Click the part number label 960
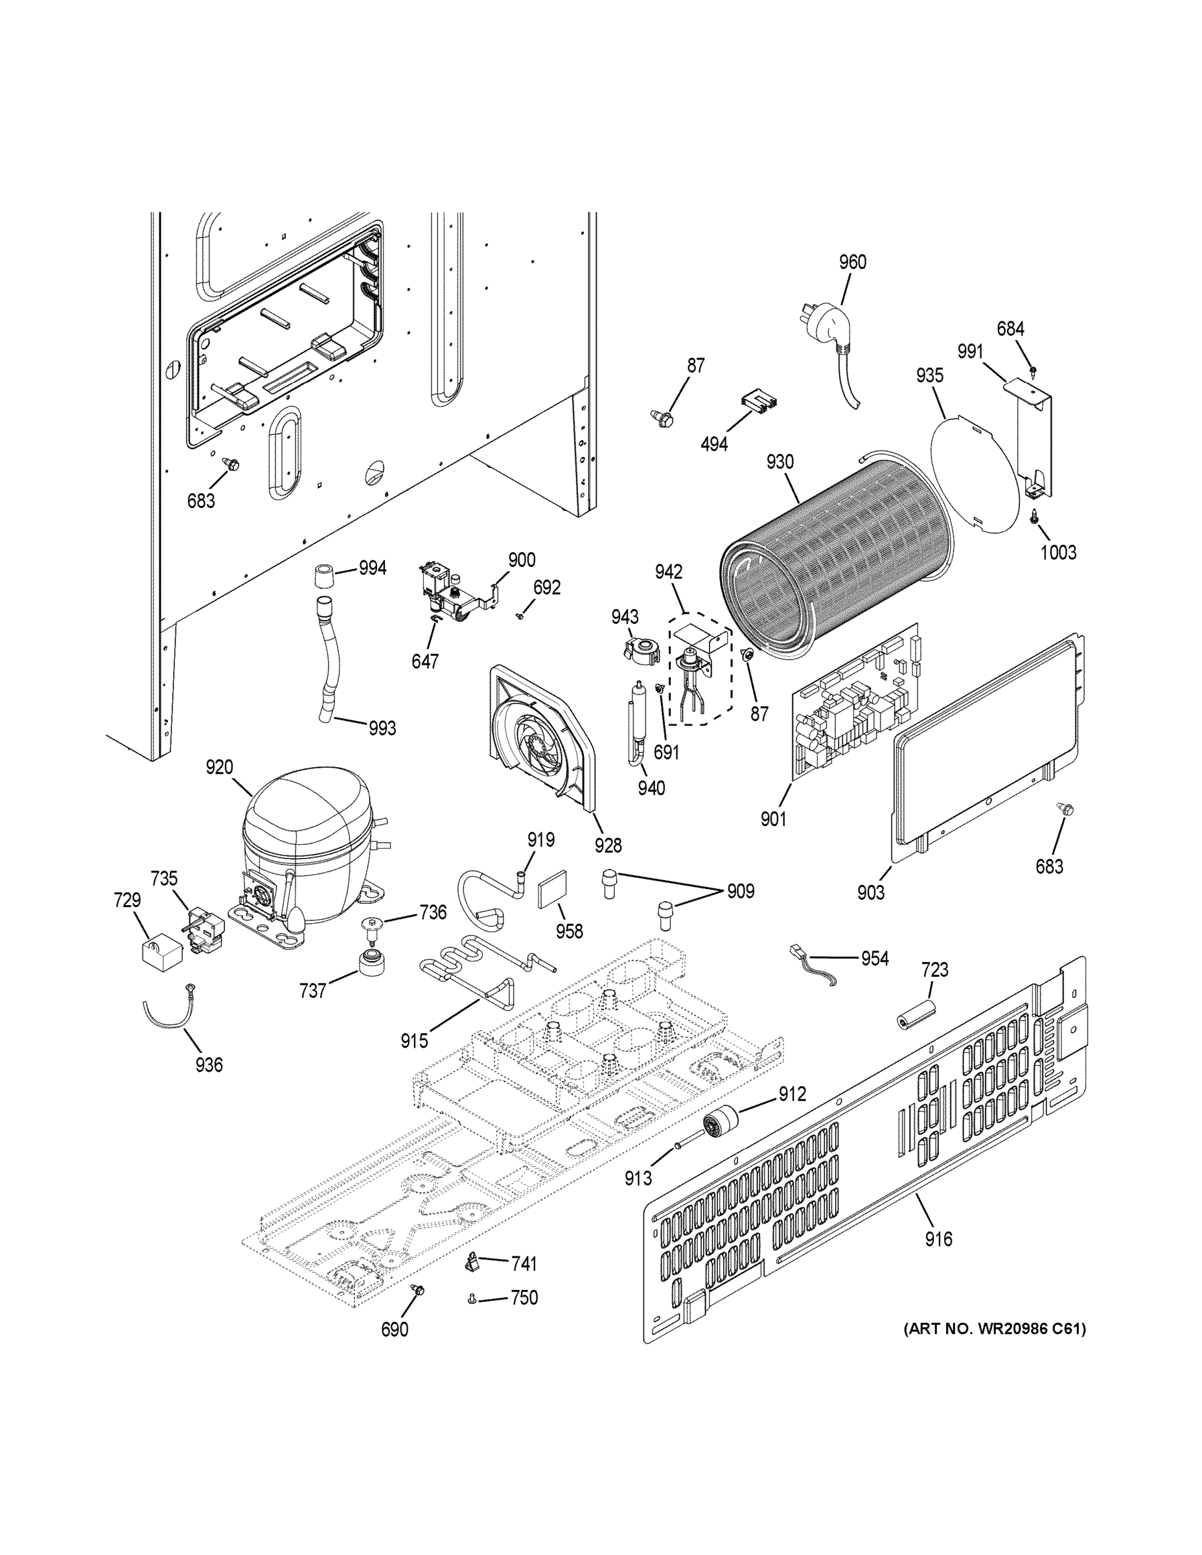pyautogui.click(x=852, y=262)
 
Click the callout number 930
pyautogui.click(x=780, y=462)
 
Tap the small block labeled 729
pyautogui.click(x=161, y=952)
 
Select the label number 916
pyautogui.click(x=938, y=1239)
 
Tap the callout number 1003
pyautogui.click(x=1058, y=552)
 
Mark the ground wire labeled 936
pyautogui.click(x=167, y=1011)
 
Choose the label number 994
pyautogui.click(x=373, y=568)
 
